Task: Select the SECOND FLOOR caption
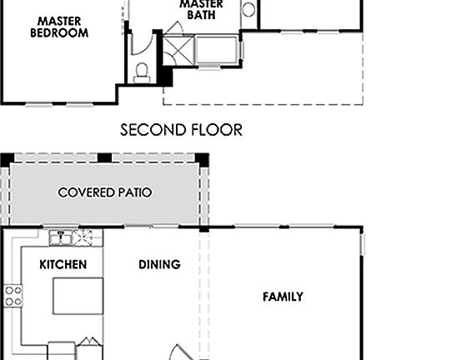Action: (181, 130)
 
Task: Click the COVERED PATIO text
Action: (105, 192)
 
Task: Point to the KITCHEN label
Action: (63, 265)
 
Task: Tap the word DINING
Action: (159, 265)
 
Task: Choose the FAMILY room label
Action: (283, 297)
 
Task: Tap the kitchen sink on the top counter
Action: (60, 239)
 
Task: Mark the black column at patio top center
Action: (104, 157)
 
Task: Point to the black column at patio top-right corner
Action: (202, 157)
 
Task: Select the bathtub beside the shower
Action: (214, 50)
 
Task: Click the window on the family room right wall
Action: (363, 244)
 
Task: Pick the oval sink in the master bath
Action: (248, 11)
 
